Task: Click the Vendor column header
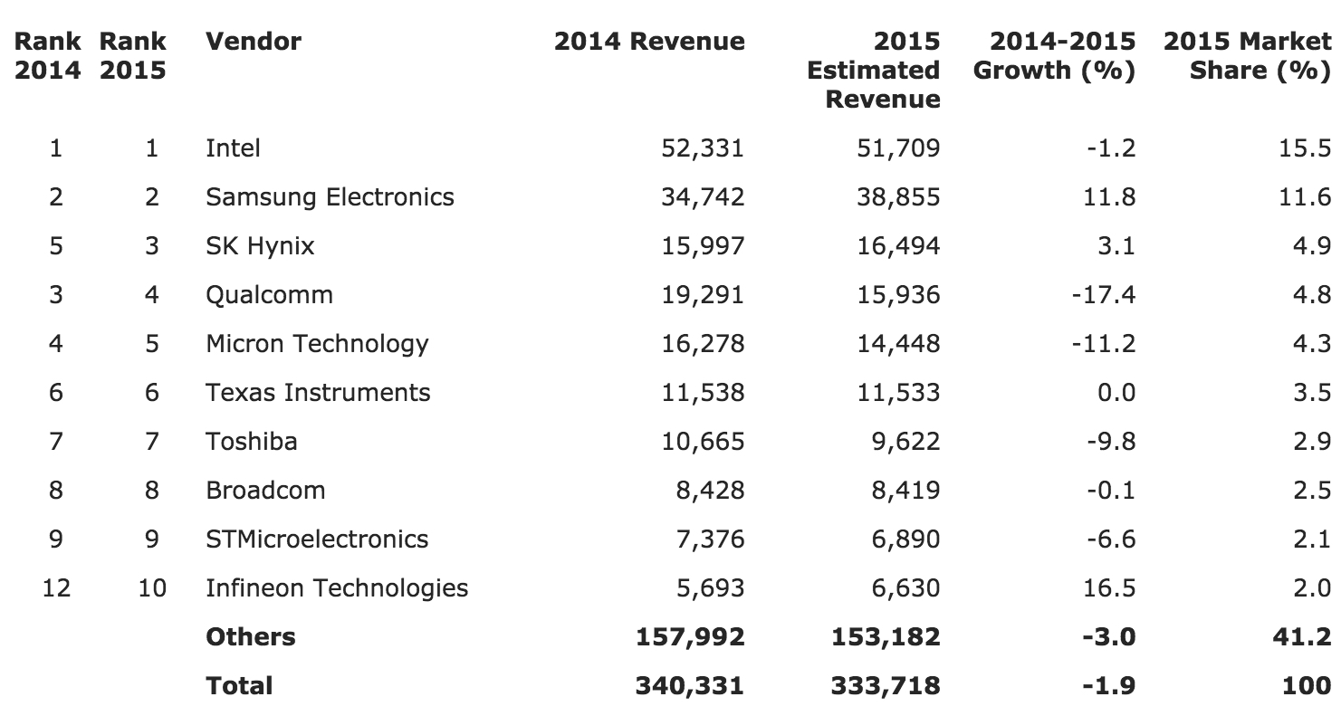pyautogui.click(x=254, y=42)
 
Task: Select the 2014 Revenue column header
pyautogui.click(x=649, y=42)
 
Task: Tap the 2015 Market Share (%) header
pyautogui.click(x=1247, y=55)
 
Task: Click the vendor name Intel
pyautogui.click(x=233, y=148)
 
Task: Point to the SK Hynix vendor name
pyautogui.click(x=260, y=245)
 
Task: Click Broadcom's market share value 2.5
pyautogui.click(x=1311, y=490)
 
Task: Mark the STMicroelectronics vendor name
pyautogui.click(x=317, y=539)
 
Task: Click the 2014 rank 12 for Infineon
pyautogui.click(x=56, y=587)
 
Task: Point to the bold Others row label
pyautogui.click(x=251, y=636)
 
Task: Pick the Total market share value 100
pyautogui.click(x=1307, y=685)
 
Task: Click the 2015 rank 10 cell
pyautogui.click(x=151, y=587)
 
